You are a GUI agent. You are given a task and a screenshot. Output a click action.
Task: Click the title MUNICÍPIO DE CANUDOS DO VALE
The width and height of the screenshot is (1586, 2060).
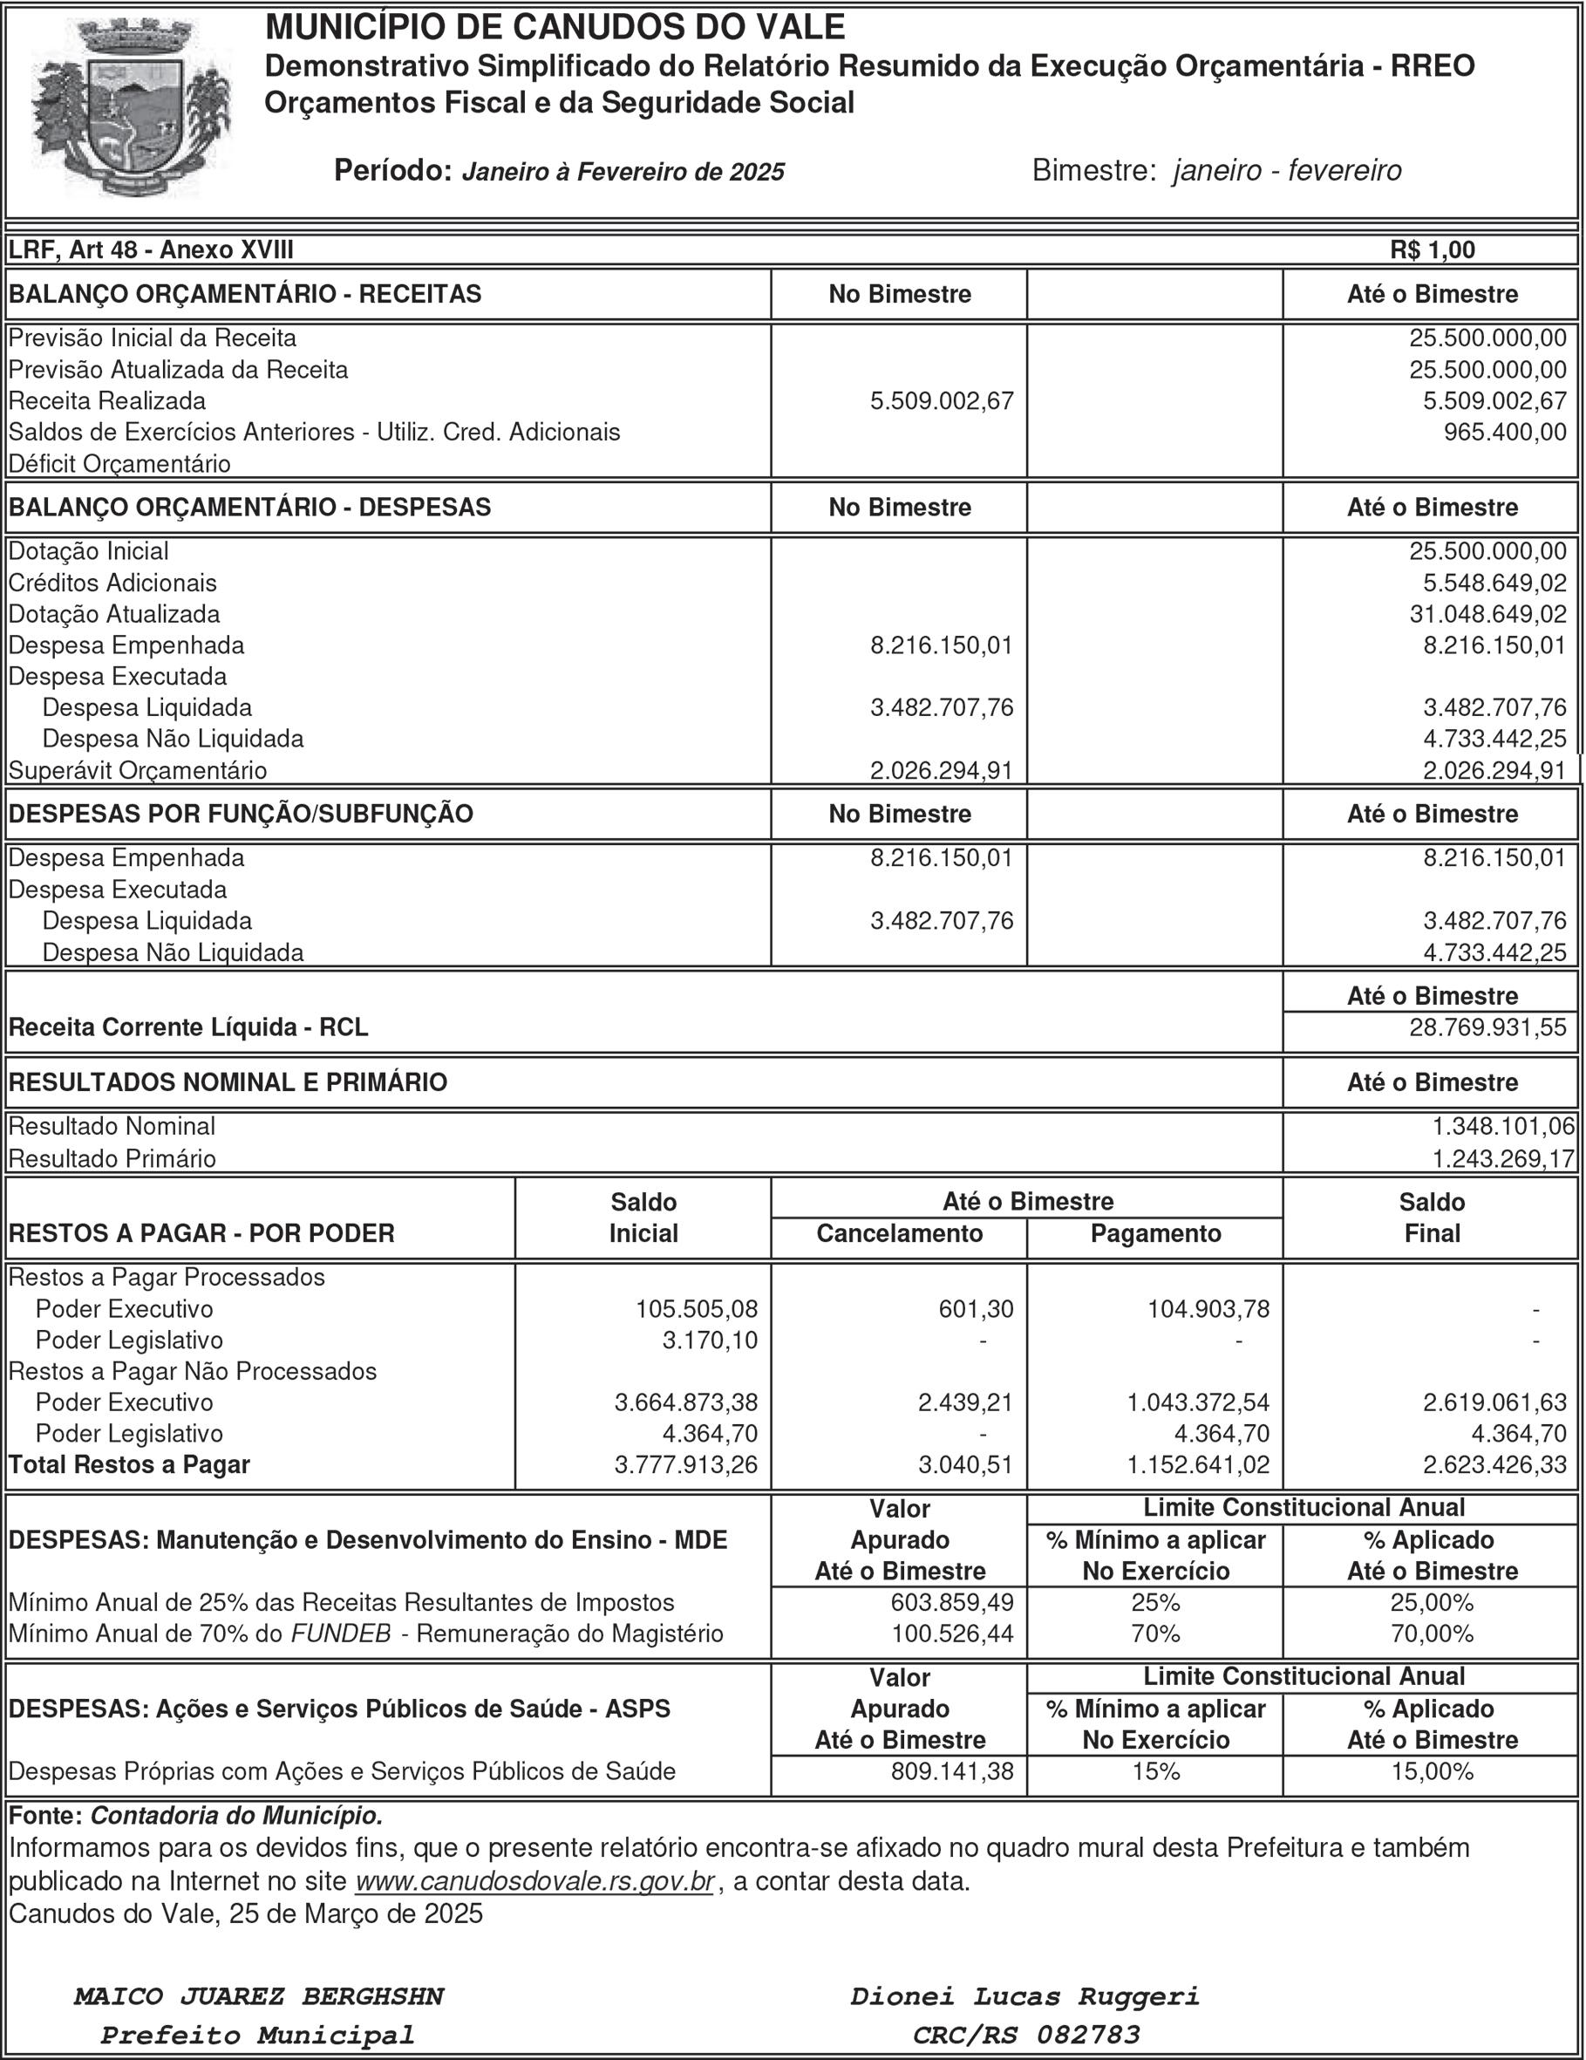(555, 27)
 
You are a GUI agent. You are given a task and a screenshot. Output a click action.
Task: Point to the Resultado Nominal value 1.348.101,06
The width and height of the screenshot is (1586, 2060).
(1503, 1126)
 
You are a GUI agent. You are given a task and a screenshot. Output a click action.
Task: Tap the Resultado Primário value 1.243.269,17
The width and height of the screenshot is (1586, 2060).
(1503, 1158)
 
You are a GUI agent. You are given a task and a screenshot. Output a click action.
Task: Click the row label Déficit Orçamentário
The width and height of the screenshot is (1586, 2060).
(119, 464)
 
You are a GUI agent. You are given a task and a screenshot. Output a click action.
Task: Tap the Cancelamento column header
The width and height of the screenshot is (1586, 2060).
(899, 1234)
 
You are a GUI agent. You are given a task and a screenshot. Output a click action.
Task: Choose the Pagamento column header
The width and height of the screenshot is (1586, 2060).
(1155, 1234)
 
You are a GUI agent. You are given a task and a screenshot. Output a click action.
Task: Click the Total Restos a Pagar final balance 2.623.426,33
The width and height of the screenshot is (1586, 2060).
(1494, 1465)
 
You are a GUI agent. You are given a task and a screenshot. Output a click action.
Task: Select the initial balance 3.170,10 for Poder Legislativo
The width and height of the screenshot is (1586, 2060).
(710, 1340)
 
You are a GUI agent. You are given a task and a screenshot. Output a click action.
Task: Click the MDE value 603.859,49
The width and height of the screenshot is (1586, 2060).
(952, 1602)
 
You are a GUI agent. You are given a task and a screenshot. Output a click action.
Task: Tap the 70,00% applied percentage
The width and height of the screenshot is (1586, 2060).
(1432, 1634)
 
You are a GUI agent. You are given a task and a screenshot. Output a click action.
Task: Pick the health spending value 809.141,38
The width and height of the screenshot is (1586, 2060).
(952, 1771)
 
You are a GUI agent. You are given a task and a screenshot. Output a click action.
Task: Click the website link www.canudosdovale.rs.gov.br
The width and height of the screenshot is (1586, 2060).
(534, 1882)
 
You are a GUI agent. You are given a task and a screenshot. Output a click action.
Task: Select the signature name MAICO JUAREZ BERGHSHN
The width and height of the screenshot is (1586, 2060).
(258, 1997)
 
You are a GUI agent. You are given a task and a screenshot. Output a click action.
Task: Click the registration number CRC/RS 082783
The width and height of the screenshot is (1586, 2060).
(1026, 2035)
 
